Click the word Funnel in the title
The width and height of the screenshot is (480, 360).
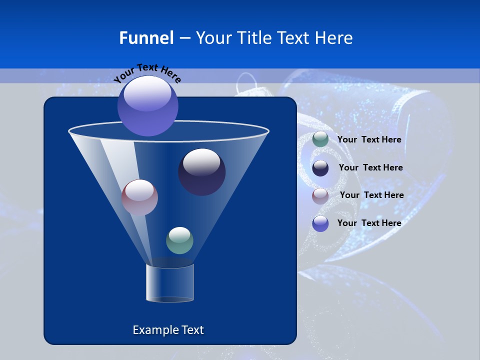[146, 38]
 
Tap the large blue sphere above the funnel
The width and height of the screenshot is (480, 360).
[148, 106]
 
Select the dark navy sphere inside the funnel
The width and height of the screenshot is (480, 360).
[202, 172]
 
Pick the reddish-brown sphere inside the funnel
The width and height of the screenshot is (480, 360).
[139, 197]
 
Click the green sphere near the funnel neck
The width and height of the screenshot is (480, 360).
[179, 240]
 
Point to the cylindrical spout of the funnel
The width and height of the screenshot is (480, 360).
[170, 283]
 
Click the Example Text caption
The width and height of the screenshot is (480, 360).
[168, 330]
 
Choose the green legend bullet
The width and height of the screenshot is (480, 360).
[320, 139]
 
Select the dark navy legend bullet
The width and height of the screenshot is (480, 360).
[320, 168]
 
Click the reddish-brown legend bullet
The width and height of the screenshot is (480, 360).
[320, 196]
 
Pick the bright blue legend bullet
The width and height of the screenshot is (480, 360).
[320, 223]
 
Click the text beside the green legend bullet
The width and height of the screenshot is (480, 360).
[369, 140]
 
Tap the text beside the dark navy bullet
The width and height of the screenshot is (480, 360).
[370, 168]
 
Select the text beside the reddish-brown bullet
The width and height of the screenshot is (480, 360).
[371, 195]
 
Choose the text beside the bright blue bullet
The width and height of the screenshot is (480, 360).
[369, 223]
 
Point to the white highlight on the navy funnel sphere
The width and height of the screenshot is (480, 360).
[201, 162]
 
